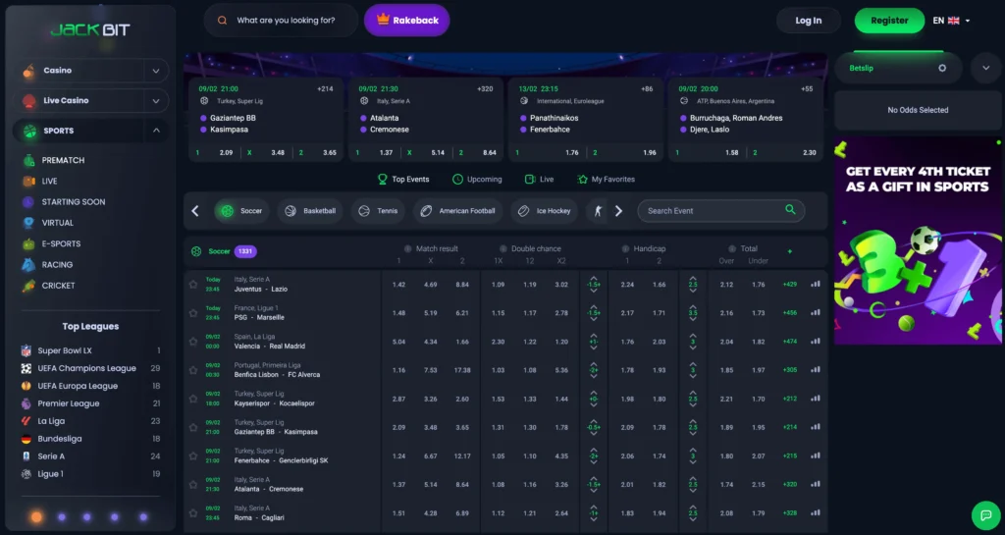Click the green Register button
click(x=889, y=21)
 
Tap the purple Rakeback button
click(x=406, y=21)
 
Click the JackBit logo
click(x=89, y=29)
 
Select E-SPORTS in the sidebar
click(x=61, y=243)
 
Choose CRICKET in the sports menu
click(x=58, y=286)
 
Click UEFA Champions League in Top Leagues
click(x=86, y=368)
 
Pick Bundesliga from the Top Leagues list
click(x=60, y=439)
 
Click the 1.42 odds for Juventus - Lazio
click(x=398, y=285)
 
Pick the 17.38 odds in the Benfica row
click(x=462, y=370)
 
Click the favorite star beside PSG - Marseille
click(x=193, y=312)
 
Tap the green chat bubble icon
click(x=983, y=514)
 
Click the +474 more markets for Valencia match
click(x=789, y=342)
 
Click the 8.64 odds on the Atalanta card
click(x=490, y=152)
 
